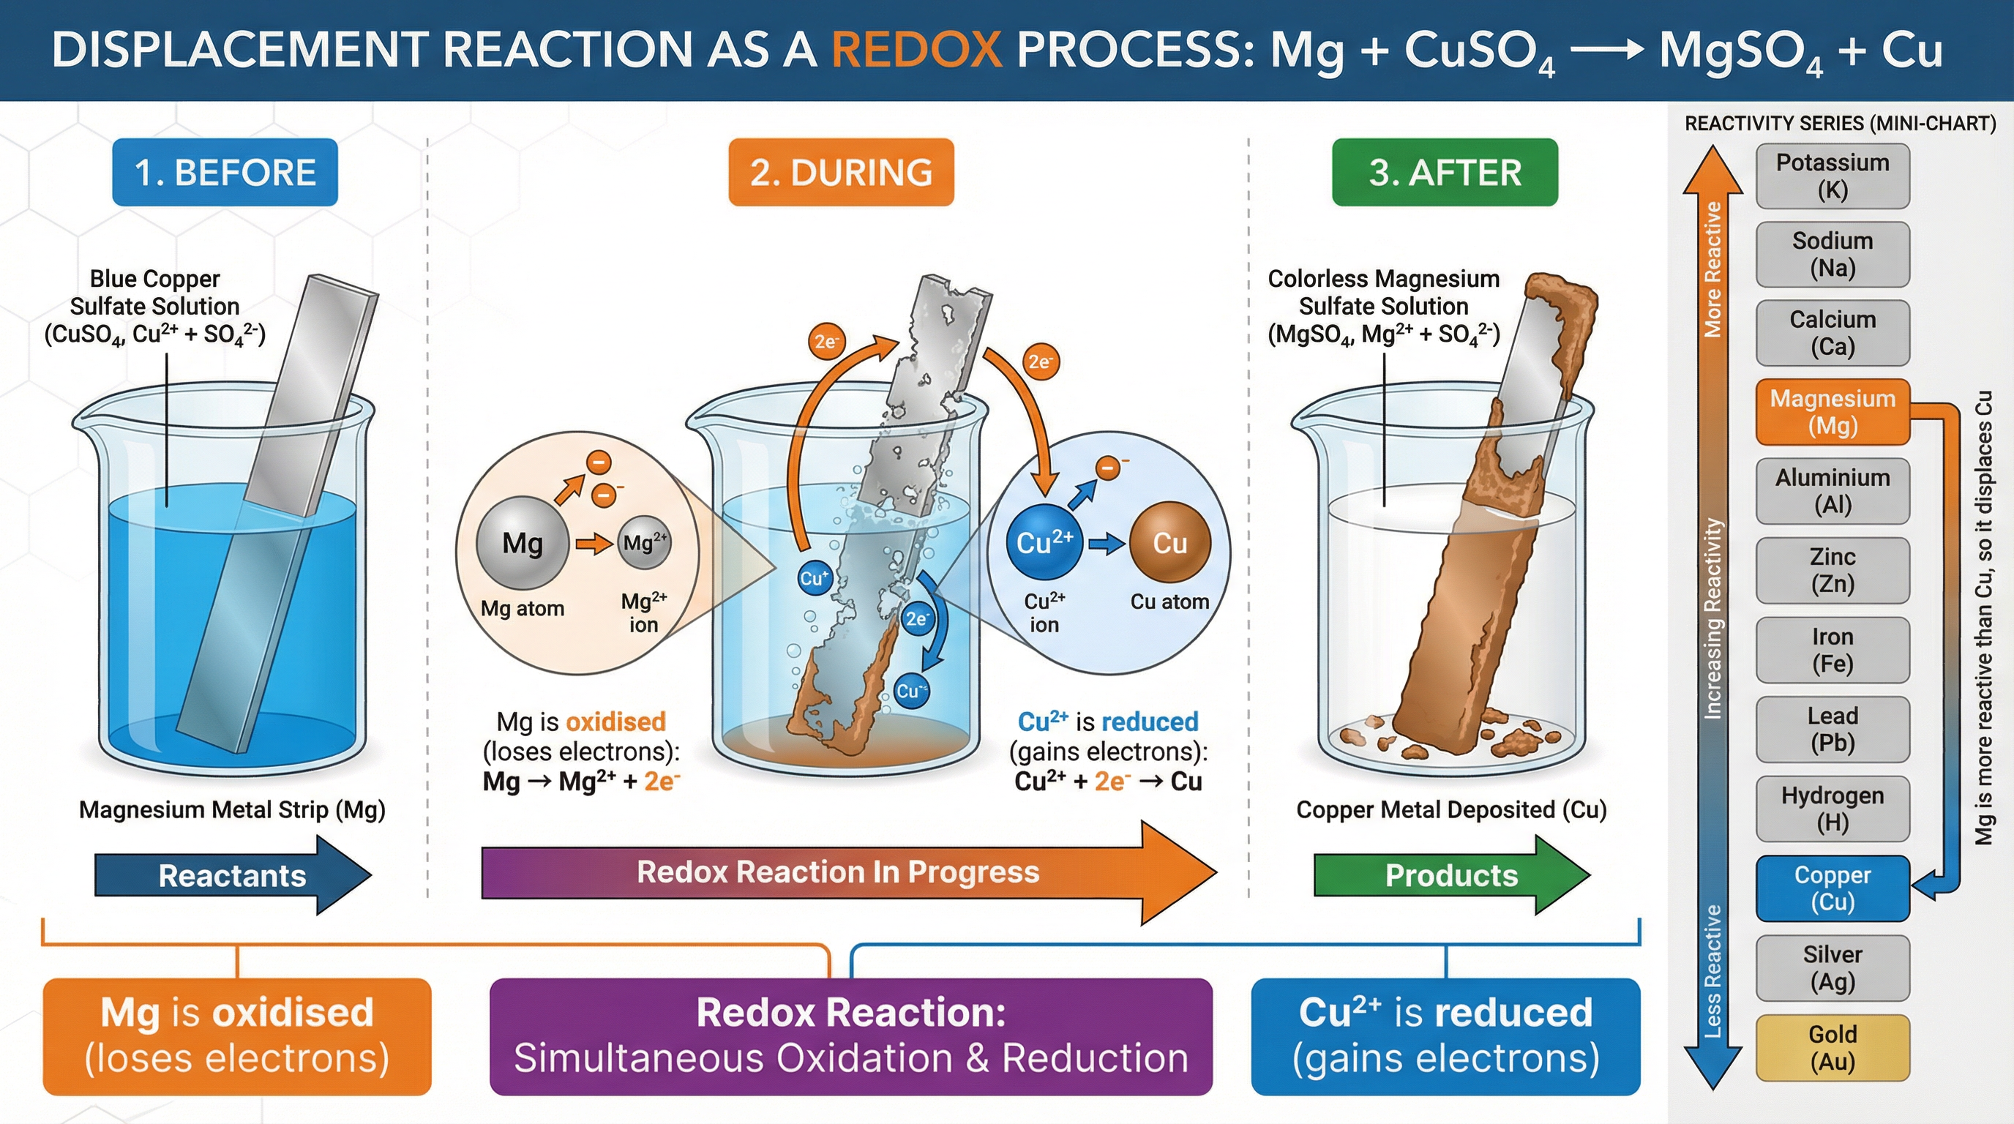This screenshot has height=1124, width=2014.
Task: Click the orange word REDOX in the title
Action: click(x=916, y=50)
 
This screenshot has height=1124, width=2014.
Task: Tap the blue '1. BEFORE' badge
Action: click(x=225, y=173)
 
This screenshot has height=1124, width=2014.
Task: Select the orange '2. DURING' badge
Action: click(x=842, y=173)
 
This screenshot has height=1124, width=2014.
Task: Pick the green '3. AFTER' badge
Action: click(x=1445, y=173)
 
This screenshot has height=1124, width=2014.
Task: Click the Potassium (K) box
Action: click(x=1833, y=176)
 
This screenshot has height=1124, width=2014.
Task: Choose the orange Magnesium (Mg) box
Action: click(x=1833, y=412)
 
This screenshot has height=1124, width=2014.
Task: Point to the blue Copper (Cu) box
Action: click(x=1833, y=888)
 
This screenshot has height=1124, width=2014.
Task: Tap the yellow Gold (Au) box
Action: click(x=1833, y=1047)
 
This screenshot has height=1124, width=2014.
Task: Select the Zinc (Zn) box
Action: click(x=1833, y=570)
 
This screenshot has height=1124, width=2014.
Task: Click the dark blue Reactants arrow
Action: click(x=232, y=875)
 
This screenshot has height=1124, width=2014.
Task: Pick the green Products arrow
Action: click(x=1451, y=875)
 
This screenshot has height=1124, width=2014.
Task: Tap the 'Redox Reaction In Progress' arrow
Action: click(x=838, y=872)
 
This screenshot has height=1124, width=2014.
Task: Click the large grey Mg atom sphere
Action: click(x=523, y=542)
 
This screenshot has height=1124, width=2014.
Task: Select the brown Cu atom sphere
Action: click(x=1169, y=542)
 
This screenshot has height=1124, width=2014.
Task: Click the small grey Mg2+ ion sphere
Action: click(x=644, y=542)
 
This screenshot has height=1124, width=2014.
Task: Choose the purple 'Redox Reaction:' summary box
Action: click(x=850, y=1035)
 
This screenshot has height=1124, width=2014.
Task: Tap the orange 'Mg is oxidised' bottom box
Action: click(x=237, y=1035)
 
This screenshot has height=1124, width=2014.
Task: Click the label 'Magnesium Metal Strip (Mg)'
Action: click(x=232, y=810)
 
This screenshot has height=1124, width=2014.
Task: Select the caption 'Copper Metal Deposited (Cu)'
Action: click(x=1451, y=810)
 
